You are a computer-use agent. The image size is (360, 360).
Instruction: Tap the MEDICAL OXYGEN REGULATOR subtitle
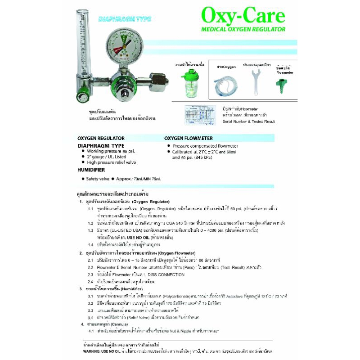[243, 29]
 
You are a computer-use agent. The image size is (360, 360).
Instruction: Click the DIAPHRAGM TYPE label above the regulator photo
[125, 19]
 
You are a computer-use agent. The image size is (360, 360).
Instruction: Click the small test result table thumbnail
[203, 115]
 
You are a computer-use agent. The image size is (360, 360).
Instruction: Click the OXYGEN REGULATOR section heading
[101, 138]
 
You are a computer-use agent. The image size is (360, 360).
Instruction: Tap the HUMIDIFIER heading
[91, 170]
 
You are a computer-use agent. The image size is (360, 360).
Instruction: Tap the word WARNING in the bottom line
[92, 350]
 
